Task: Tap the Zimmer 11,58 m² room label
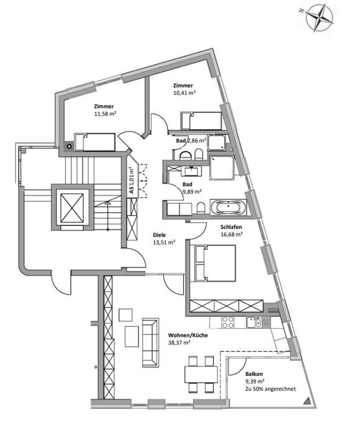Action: point(104,110)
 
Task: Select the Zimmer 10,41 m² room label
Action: point(184,89)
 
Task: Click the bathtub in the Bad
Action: point(228,207)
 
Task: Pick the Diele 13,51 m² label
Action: point(164,239)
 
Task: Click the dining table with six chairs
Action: point(199,374)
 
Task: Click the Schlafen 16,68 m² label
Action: point(231,230)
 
